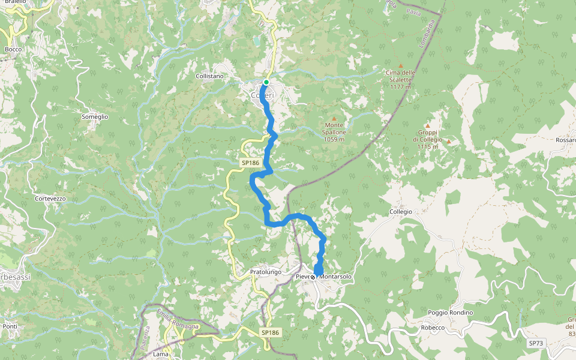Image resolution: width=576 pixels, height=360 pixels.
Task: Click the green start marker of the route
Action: point(266,82)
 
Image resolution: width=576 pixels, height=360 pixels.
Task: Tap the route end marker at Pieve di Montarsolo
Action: point(313,277)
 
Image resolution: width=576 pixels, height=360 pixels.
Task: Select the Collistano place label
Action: point(209,76)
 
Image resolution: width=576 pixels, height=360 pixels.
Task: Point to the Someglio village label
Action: point(95,117)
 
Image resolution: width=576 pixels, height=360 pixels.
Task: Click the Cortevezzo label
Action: point(50,198)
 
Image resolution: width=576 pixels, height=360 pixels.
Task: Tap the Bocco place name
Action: point(13,49)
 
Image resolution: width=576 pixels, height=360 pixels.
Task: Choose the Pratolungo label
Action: point(265,272)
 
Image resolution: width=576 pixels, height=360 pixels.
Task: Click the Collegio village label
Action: point(401,212)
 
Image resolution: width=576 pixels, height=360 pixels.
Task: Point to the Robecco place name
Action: point(432,328)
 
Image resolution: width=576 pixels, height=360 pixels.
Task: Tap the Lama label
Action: point(161,354)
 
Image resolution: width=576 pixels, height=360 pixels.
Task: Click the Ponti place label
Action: point(10,326)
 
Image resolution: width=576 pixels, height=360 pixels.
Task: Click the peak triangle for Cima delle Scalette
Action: point(401,65)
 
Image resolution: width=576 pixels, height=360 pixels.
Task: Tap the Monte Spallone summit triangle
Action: point(334,118)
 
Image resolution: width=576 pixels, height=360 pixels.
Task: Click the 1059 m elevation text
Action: point(334,139)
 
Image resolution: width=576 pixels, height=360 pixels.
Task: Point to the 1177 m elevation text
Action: point(400,86)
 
